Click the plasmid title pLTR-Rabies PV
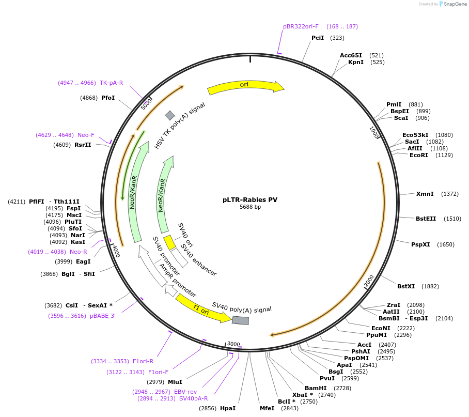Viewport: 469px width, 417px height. pyautogui.click(x=250, y=199)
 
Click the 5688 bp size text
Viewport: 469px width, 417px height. pyautogui.click(x=250, y=207)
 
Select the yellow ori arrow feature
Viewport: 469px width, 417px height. pyautogui.click(x=245, y=87)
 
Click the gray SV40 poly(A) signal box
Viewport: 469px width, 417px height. pyautogui.click(x=240, y=320)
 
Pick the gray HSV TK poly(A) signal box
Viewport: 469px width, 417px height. pyautogui.click(x=169, y=115)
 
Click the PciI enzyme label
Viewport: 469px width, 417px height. pyautogui.click(x=318, y=38)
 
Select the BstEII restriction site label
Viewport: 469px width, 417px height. pyautogui.click(x=426, y=219)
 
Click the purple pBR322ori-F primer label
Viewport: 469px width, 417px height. pyautogui.click(x=301, y=26)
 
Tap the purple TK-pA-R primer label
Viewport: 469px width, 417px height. pyautogui.click(x=111, y=83)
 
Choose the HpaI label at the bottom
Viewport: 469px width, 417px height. pyautogui.click(x=228, y=408)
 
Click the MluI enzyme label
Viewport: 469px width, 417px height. pyautogui.click(x=175, y=382)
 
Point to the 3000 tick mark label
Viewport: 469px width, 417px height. pyautogui.click(x=233, y=344)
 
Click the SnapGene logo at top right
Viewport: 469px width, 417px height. pyautogui.click(x=450, y=4)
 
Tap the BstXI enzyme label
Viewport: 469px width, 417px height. pyautogui.click(x=406, y=286)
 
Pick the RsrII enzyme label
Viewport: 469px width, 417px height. pyautogui.click(x=83, y=145)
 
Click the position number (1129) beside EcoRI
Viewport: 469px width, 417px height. pyautogui.click(x=444, y=155)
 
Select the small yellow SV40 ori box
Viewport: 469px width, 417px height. pyautogui.click(x=169, y=242)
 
